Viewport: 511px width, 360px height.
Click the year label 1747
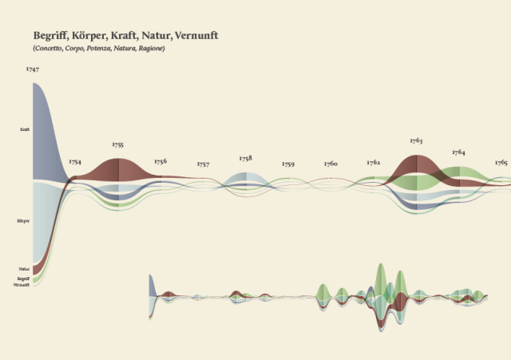[x=33, y=69]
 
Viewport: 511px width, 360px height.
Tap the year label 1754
[x=75, y=161]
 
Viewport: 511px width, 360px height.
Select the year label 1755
[x=118, y=144]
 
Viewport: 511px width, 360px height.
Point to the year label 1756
[x=160, y=161]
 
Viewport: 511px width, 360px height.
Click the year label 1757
[x=203, y=164]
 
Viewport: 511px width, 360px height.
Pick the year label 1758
[x=245, y=158]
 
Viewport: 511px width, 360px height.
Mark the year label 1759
[x=288, y=164]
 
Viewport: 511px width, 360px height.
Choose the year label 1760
[x=331, y=164]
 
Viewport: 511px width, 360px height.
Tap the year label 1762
[x=374, y=162]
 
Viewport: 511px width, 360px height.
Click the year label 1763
[x=416, y=140]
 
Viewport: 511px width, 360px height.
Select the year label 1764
[x=458, y=152]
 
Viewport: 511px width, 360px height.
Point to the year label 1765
[x=501, y=161]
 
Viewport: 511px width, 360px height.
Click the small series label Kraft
[x=25, y=129]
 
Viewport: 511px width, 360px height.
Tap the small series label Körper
[x=23, y=220]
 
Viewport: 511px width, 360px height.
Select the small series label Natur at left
[x=24, y=270]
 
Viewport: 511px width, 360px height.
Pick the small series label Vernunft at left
[x=22, y=284]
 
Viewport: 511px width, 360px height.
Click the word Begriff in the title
[x=50, y=36]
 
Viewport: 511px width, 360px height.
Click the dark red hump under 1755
[x=118, y=169]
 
